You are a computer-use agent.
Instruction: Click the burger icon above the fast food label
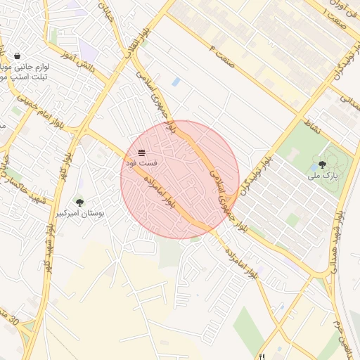point(142,153)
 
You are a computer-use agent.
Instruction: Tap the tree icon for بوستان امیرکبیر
point(79,202)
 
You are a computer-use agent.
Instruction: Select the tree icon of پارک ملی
point(322,165)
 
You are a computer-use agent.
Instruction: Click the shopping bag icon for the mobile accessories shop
point(17,56)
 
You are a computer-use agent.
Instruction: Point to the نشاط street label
point(313,124)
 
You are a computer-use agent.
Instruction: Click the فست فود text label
point(142,162)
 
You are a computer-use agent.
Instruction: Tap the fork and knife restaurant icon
point(262,356)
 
